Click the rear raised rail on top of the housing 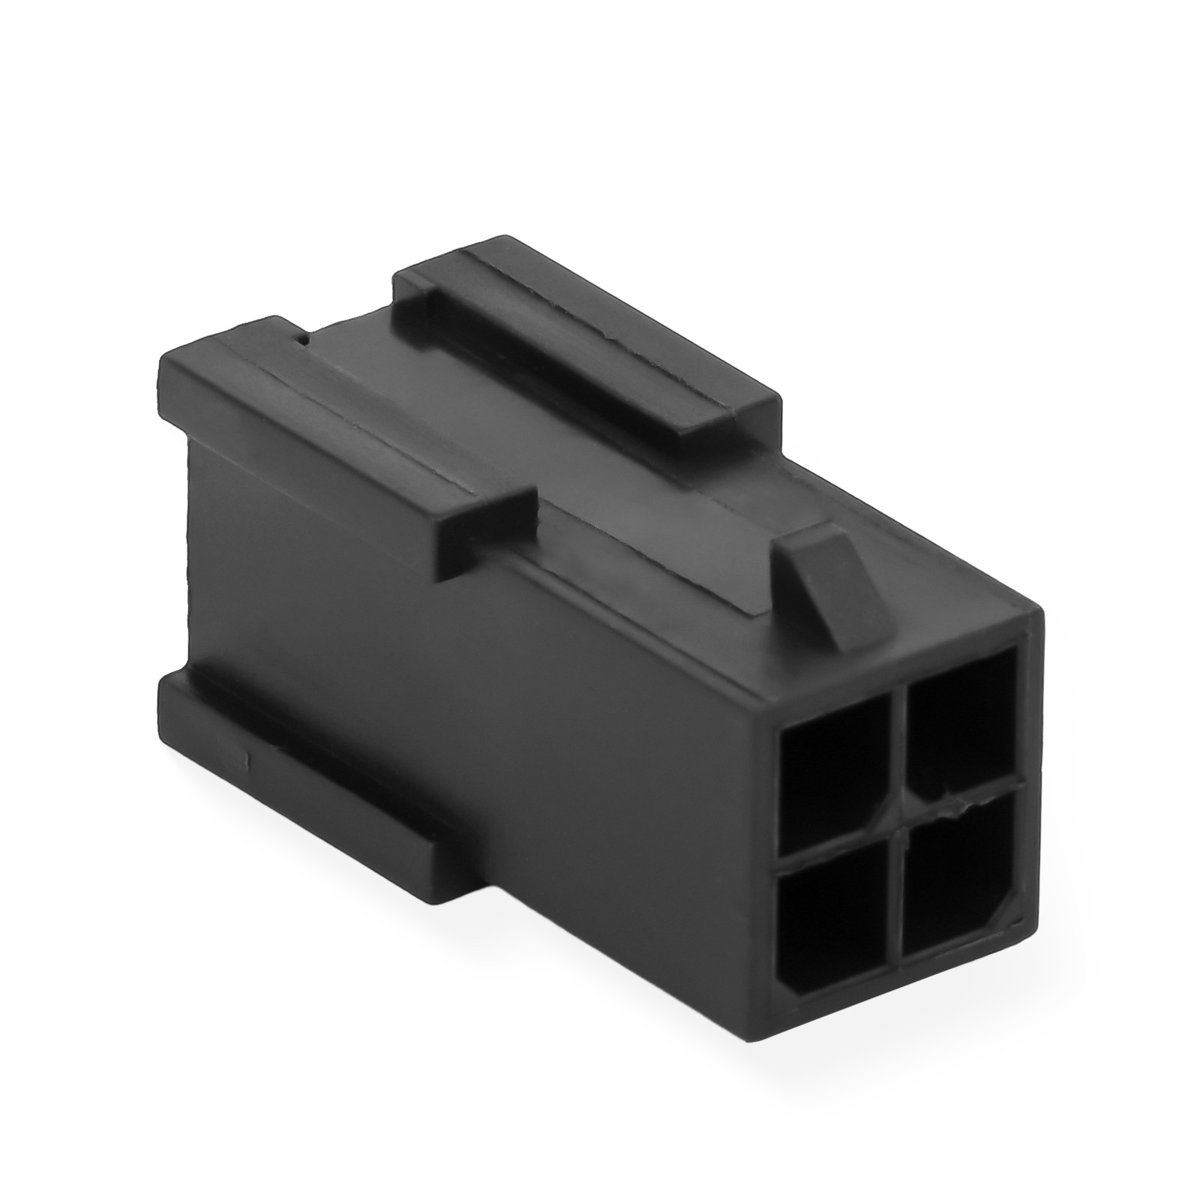click(585, 337)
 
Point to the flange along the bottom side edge click(300, 750)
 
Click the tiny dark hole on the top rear click(302, 341)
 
